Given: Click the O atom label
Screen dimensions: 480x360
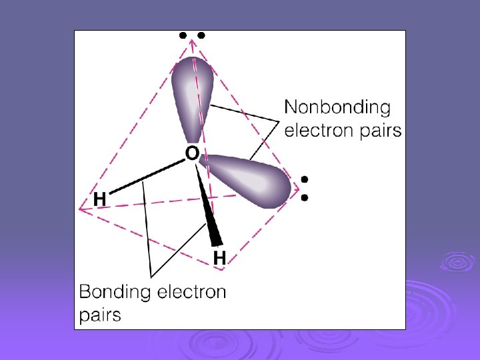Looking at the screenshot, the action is (x=191, y=154).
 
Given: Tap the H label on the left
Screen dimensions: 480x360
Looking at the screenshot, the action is (x=99, y=199).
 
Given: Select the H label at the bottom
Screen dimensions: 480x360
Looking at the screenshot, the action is (x=219, y=257).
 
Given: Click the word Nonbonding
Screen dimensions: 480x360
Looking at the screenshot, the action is (x=337, y=107).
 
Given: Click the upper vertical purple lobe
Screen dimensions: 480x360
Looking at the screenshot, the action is (x=191, y=93).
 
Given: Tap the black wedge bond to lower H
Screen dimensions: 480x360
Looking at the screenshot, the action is (x=207, y=207).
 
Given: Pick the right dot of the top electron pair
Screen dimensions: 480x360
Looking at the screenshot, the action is (x=201, y=36).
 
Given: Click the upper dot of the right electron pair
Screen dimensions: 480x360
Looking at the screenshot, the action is (x=304, y=180).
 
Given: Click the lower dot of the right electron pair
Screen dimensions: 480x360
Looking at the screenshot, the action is (x=304, y=197).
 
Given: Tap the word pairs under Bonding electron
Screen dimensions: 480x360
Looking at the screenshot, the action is (x=100, y=315).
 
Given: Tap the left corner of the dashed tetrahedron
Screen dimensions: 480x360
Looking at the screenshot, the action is (x=80, y=209).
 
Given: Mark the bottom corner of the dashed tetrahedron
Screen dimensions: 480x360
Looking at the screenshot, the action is (x=223, y=269).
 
